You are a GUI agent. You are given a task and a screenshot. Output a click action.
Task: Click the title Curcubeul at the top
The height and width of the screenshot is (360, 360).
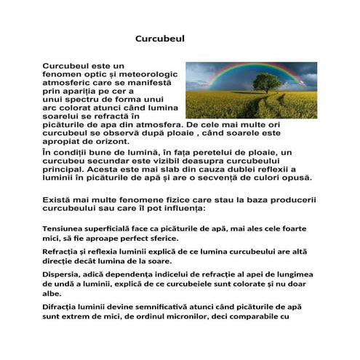point(161,39)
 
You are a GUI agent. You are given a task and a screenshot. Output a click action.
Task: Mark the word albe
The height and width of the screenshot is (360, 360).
point(52,293)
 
